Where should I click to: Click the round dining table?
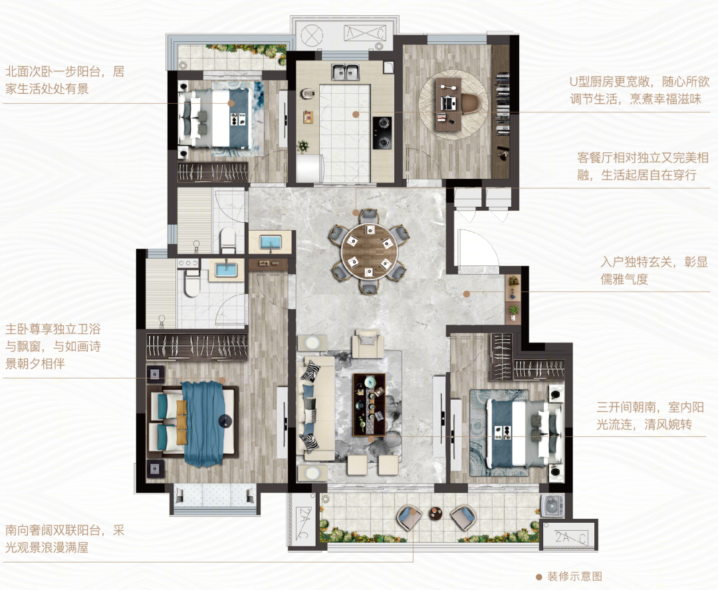(369, 251)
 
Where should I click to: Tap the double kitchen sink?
(346, 72)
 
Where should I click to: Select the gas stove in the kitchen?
(382, 132)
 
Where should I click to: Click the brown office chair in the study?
(470, 102)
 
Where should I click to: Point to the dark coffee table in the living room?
(370, 405)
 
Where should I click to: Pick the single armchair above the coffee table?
(368, 345)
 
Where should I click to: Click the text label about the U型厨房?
(640, 90)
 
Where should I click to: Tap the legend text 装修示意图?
(574, 576)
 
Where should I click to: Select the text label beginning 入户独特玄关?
(654, 271)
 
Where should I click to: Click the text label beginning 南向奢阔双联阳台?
(64, 539)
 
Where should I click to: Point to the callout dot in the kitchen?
(355, 114)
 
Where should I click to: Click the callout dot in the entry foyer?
(466, 294)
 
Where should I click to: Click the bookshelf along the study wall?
(502, 104)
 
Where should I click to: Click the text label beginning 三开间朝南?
(650, 416)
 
